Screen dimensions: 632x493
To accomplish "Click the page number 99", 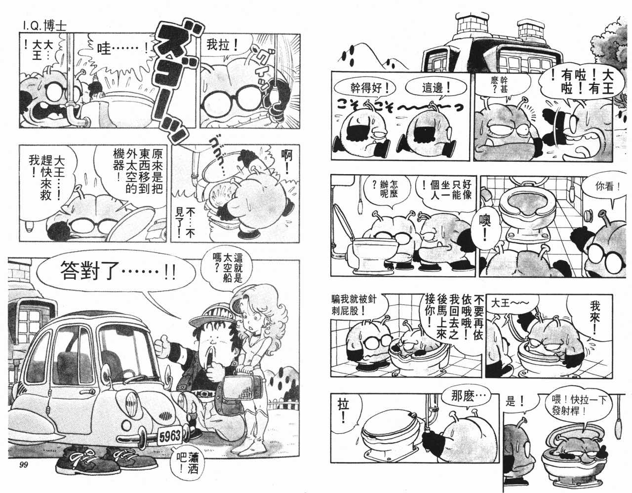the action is coord(24,464).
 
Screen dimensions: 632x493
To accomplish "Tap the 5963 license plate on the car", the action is coord(169,436).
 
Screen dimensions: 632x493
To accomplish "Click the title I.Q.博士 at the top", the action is coord(44,26).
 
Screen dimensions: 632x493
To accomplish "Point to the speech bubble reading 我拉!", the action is coord(223,46).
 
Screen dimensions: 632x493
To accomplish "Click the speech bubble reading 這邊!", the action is coord(435,87).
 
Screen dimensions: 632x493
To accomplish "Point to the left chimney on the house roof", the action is coord(468,28).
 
